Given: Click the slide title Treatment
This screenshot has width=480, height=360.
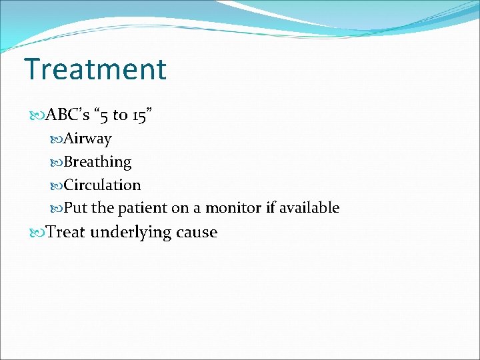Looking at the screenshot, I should (x=95, y=69).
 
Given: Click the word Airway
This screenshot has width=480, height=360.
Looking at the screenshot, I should (x=87, y=139).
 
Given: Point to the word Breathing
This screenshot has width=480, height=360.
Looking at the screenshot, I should (x=97, y=162).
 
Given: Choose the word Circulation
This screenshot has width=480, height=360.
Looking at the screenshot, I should (x=102, y=185).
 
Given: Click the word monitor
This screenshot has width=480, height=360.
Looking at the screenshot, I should (x=233, y=208).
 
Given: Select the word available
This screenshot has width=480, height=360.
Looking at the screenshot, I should (x=309, y=208).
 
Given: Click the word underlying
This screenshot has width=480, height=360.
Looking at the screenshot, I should (x=131, y=233).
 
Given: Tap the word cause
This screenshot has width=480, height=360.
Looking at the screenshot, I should (x=197, y=233).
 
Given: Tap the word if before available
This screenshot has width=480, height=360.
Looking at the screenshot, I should (x=270, y=208).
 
